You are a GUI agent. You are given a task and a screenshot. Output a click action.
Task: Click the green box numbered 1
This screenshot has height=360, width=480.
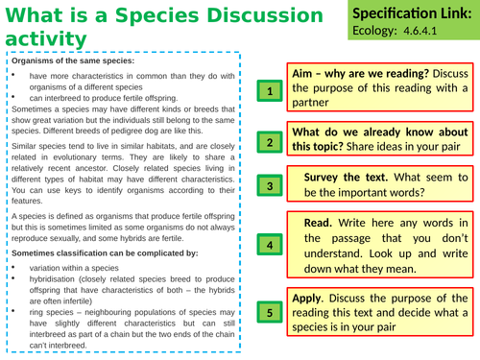click(x=270, y=91)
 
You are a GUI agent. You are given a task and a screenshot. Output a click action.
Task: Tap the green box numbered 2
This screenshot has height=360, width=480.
click(x=270, y=143)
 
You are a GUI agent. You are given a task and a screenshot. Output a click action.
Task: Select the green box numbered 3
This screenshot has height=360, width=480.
click(x=270, y=186)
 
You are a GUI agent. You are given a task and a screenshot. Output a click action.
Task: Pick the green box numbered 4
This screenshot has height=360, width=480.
click(x=270, y=245)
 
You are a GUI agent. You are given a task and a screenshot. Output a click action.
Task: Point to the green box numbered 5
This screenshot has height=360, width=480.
click(x=270, y=312)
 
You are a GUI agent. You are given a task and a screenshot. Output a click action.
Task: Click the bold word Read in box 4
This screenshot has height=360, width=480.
click(x=319, y=223)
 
